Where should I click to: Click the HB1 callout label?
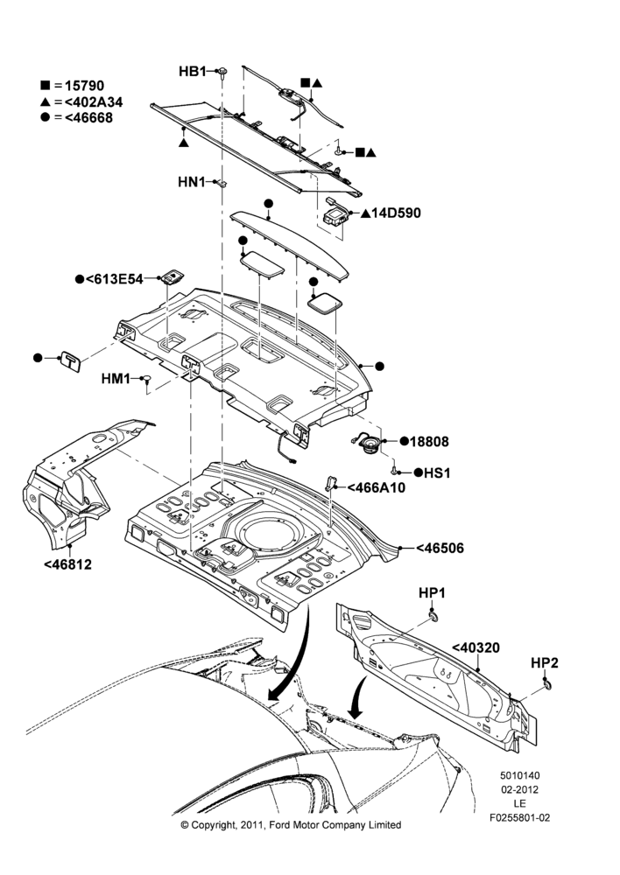click(x=192, y=72)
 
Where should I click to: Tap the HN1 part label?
click(x=192, y=182)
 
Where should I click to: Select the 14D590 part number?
click(x=396, y=213)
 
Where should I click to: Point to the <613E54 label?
click(x=114, y=279)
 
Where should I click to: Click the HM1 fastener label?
click(x=116, y=379)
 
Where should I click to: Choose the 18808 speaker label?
click(x=429, y=441)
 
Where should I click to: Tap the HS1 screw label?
click(x=437, y=472)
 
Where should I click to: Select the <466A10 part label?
click(x=377, y=487)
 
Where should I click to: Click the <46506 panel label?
click(x=440, y=548)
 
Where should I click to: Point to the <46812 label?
click(x=67, y=564)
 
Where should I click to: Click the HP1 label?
click(x=432, y=593)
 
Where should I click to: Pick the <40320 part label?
click(x=476, y=647)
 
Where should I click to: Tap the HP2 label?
click(x=544, y=663)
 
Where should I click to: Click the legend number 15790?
click(x=84, y=86)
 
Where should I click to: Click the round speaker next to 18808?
click(x=370, y=444)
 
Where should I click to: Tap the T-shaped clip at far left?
click(x=71, y=361)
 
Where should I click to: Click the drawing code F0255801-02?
click(x=519, y=818)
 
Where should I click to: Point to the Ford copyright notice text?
click(x=291, y=825)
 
